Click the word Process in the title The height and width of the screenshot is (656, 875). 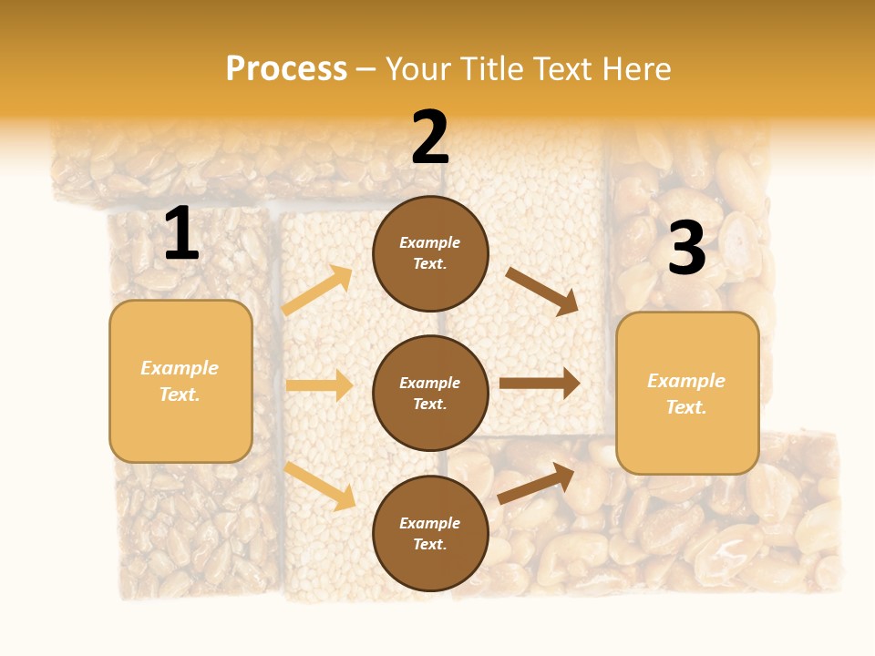click(x=286, y=69)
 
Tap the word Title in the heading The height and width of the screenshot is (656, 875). click(x=493, y=69)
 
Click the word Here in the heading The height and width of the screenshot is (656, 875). click(x=635, y=69)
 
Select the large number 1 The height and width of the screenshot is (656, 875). click(x=181, y=234)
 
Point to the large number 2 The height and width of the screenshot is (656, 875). click(x=430, y=138)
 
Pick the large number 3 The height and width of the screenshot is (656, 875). click(x=686, y=249)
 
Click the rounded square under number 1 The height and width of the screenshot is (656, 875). click(x=180, y=381)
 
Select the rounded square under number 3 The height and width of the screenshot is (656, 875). click(x=687, y=394)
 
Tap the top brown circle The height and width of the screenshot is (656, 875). click(x=430, y=253)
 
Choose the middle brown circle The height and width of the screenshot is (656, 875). click(x=430, y=393)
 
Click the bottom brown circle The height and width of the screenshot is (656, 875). click(x=430, y=533)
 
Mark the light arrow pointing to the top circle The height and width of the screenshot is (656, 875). click(x=317, y=291)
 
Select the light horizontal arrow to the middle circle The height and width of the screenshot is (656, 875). click(x=319, y=385)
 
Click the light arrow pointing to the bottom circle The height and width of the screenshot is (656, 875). click(x=320, y=486)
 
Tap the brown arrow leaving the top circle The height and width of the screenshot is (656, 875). click(x=542, y=291)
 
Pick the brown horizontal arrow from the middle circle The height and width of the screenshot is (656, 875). click(x=540, y=384)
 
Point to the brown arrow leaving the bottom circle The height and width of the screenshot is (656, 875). click(x=536, y=483)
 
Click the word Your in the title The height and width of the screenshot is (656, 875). click(x=420, y=69)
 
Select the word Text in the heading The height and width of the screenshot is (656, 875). click(x=564, y=69)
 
